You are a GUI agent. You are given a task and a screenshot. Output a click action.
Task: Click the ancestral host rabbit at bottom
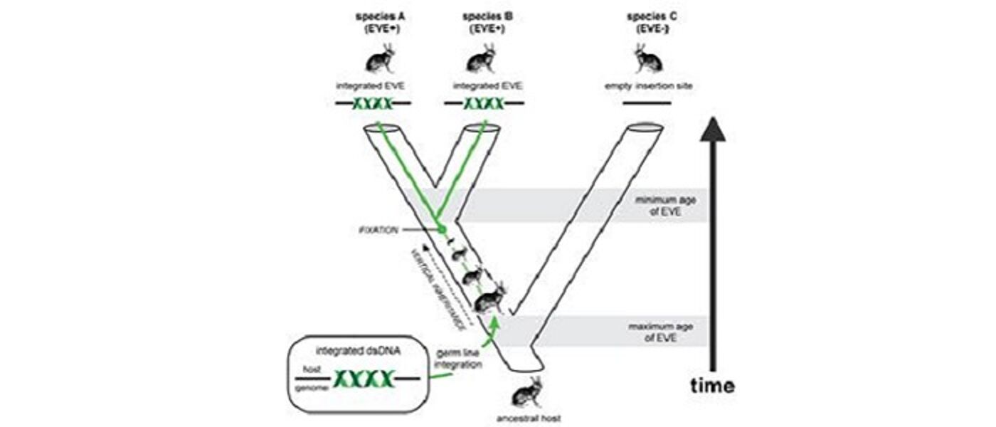coord(526,391)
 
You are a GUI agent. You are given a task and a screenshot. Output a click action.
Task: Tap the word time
coord(712,386)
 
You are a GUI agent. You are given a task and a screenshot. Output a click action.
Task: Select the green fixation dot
coord(442,229)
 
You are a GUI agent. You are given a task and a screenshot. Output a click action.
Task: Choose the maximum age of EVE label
coord(655,332)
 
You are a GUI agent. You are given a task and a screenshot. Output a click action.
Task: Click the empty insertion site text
coord(647,86)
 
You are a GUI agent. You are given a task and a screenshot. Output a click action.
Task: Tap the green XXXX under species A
coord(373,104)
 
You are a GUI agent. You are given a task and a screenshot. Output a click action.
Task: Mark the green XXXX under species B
coord(484,104)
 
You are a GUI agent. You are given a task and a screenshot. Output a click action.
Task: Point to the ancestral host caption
coord(528,418)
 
